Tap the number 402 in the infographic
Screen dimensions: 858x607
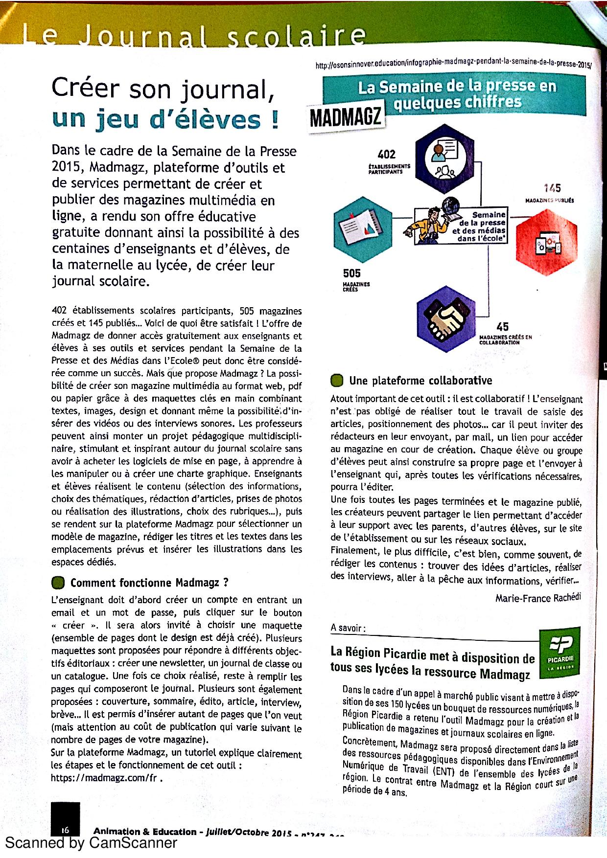click(387, 154)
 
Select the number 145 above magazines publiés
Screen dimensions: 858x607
click(552, 188)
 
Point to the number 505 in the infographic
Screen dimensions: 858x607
click(352, 273)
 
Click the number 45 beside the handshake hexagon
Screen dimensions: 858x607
click(502, 327)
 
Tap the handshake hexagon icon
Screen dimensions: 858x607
click(446, 318)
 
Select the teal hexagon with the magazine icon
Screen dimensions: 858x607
click(363, 223)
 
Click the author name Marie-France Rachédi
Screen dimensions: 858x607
click(538, 598)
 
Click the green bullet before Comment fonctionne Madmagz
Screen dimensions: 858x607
click(58, 582)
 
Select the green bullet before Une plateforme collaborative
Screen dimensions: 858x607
click(337, 380)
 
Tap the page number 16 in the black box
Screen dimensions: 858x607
click(65, 830)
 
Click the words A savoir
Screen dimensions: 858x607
click(348, 628)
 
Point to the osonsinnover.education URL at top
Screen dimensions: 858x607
click(453, 64)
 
